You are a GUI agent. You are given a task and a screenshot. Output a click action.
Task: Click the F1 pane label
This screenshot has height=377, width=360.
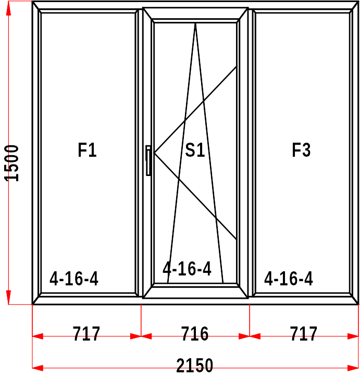pos(87,150)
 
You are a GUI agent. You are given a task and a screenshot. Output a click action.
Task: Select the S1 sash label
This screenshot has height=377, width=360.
pos(195,150)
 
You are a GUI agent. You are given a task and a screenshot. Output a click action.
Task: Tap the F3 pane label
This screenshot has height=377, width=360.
pos(301,150)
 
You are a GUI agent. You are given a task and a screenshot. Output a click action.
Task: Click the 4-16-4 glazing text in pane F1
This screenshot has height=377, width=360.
pos(74,279)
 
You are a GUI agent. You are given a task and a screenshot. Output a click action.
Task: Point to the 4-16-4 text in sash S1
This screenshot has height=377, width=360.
pos(187,269)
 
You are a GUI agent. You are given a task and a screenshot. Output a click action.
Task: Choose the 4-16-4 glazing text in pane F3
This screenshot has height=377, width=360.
pos(288,279)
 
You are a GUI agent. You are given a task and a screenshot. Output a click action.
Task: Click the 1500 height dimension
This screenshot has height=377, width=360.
pos(11,164)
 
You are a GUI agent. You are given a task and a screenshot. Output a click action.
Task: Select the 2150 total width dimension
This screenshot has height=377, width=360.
pos(194,365)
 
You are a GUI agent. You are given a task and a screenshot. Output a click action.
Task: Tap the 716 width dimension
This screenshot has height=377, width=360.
pos(194,334)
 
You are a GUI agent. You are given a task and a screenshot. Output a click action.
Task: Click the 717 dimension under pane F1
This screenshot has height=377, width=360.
pos(86,334)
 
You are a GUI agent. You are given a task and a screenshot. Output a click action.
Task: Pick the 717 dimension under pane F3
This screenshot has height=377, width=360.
pos(304,334)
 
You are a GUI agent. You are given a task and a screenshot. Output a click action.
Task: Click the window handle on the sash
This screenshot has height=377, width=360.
pos(148,160)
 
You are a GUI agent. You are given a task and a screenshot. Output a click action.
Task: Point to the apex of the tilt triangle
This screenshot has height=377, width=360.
pos(195,23)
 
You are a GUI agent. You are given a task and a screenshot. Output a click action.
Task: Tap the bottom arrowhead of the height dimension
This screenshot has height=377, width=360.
pos(9,297)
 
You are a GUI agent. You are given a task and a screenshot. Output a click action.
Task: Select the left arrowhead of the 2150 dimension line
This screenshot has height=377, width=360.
pos(38,368)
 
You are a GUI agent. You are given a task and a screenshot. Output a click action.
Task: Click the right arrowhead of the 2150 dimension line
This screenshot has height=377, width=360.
pos(353,368)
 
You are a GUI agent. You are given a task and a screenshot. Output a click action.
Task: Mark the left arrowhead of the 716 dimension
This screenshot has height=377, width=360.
pos(146,336)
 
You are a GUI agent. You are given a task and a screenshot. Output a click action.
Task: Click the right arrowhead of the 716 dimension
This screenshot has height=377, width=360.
pos(244,336)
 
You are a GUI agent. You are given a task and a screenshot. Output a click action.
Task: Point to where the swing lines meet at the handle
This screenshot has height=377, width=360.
pos(154,153)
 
